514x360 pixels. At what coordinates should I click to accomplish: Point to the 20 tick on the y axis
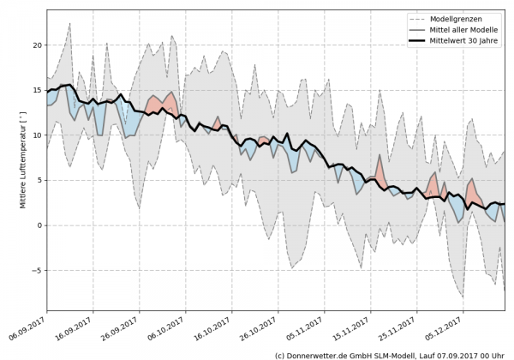(37, 45)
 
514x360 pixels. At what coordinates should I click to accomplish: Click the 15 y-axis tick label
(37, 90)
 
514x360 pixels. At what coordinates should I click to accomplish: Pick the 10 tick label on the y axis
(37, 135)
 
